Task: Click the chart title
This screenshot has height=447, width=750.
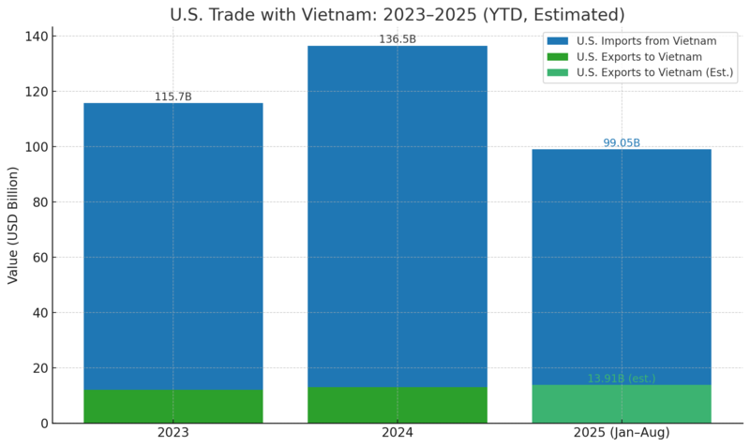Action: pyautogui.click(x=397, y=15)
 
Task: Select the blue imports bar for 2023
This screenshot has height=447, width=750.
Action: pyautogui.click(x=172, y=244)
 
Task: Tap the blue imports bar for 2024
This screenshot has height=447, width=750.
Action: pyautogui.click(x=397, y=216)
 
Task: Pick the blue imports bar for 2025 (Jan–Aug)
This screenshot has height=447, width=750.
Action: pyautogui.click(x=621, y=262)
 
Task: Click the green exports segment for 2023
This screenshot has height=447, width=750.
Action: pyautogui.click(x=172, y=407)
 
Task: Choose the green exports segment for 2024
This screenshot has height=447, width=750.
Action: pyautogui.click(x=397, y=406)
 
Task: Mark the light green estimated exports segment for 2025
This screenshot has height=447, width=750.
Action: pyautogui.click(x=621, y=405)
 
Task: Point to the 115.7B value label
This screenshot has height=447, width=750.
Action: pyautogui.click(x=172, y=97)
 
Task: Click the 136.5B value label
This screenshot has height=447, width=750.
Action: pyautogui.click(x=397, y=39)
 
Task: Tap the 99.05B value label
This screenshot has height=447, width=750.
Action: pyautogui.click(x=621, y=143)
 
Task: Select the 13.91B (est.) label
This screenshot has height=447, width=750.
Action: pyautogui.click(x=621, y=379)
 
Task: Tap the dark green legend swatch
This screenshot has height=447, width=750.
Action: pyautogui.click(x=558, y=57)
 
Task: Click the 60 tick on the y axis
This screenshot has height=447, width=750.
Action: pyautogui.click(x=41, y=258)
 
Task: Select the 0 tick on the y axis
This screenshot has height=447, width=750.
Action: pyautogui.click(x=44, y=424)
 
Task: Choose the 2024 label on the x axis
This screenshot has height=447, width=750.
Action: pyautogui.click(x=397, y=433)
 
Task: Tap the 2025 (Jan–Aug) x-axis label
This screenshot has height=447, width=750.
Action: pyautogui.click(x=621, y=433)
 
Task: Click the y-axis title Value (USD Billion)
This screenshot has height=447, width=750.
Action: pyautogui.click(x=13, y=225)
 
